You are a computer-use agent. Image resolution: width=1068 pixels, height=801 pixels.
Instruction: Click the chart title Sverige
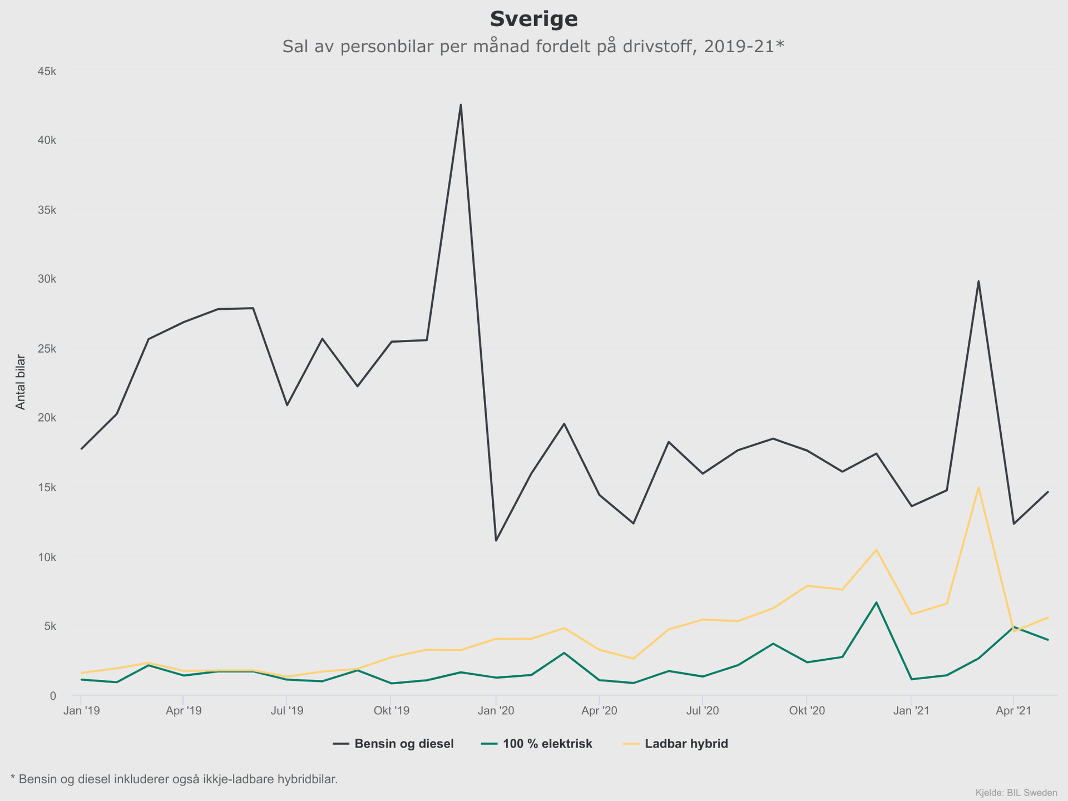(x=533, y=19)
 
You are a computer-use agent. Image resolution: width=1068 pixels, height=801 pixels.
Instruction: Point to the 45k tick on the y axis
(x=46, y=71)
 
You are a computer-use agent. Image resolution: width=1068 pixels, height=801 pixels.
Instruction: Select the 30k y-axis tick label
(x=46, y=279)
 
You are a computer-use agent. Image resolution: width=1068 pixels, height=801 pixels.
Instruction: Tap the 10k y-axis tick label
(x=46, y=557)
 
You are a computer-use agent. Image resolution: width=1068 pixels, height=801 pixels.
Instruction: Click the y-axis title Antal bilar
(x=21, y=382)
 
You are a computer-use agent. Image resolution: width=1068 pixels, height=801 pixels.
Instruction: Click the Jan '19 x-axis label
(x=81, y=711)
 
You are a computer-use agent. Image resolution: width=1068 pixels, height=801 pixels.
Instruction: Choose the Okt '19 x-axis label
(x=391, y=711)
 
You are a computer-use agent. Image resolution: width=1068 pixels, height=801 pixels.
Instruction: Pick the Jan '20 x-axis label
(x=496, y=711)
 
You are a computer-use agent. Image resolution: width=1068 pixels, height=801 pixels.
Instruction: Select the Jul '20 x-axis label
(x=703, y=711)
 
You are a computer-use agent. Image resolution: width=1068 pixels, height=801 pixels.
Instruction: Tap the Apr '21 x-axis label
(x=1013, y=711)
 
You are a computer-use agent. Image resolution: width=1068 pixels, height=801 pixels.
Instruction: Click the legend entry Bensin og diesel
(x=404, y=744)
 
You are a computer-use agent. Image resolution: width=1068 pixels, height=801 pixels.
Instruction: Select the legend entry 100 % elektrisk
(x=547, y=744)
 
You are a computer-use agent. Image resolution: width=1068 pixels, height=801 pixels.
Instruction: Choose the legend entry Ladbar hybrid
(x=686, y=744)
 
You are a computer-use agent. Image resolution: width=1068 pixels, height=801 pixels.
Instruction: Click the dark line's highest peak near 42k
(x=461, y=105)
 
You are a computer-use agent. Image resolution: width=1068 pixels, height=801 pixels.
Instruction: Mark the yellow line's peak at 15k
(x=978, y=488)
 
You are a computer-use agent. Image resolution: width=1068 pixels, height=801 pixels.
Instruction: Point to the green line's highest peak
(x=876, y=602)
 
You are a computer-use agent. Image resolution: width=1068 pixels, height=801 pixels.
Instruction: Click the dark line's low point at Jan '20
(x=496, y=541)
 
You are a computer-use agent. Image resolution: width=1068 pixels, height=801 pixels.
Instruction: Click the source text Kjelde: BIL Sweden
(x=1016, y=792)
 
